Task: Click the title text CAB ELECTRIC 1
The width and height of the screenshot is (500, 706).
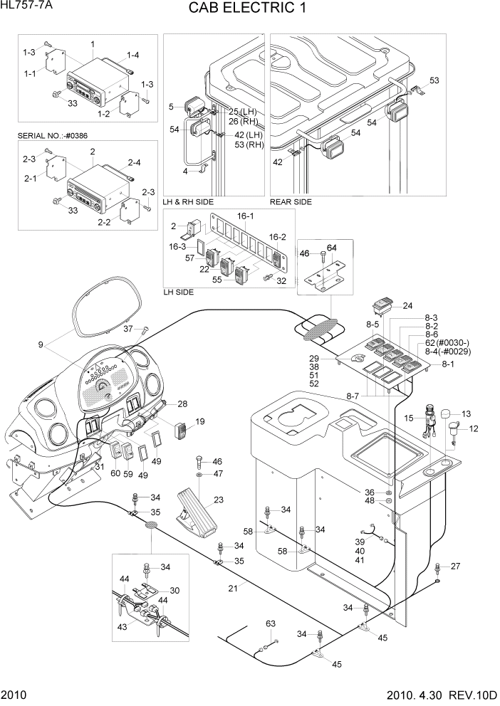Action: coord(249,10)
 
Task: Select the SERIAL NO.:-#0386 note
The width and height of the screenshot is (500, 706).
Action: coord(57,135)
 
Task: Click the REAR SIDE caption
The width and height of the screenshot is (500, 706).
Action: coord(291,202)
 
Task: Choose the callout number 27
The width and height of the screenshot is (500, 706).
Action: coord(456,567)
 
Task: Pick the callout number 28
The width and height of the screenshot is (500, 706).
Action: coord(182,404)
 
